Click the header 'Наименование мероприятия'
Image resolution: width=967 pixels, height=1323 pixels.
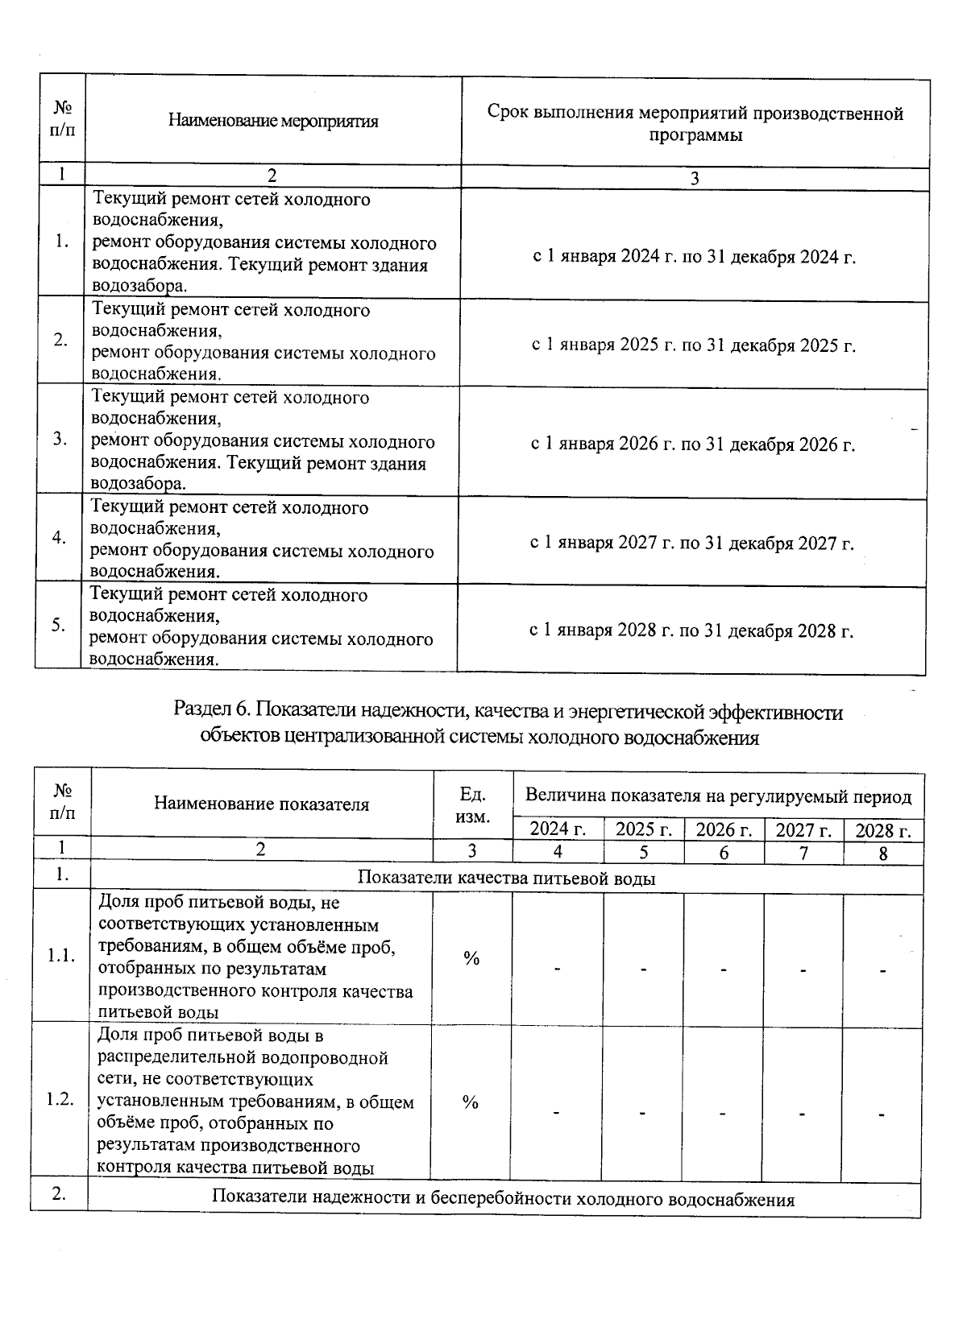pyautogui.click(x=273, y=122)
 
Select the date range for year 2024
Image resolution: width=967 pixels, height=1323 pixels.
pyautogui.click(x=694, y=257)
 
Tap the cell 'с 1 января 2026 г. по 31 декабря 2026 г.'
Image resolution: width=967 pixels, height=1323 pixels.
pyautogui.click(x=692, y=444)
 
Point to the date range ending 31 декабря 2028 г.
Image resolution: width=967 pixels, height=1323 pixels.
pyautogui.click(x=691, y=630)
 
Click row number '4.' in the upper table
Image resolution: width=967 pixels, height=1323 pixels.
pyautogui.click(x=59, y=539)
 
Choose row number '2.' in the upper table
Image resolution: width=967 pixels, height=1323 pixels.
pyautogui.click(x=60, y=340)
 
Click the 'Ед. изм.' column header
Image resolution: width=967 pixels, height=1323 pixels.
pyautogui.click(x=472, y=805)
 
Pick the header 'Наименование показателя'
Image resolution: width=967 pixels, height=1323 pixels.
pyautogui.click(x=261, y=804)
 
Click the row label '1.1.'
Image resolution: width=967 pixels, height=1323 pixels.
pyautogui.click(x=61, y=956)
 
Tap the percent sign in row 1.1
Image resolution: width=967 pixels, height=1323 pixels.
pyautogui.click(x=471, y=958)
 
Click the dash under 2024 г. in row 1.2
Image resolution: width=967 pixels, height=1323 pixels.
pyautogui.click(x=556, y=1114)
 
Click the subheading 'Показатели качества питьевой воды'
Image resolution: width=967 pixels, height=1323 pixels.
pyautogui.click(x=506, y=878)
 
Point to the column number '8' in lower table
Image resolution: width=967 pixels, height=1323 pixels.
pyautogui.click(x=883, y=854)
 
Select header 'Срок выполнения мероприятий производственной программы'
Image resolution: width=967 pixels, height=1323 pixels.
pyautogui.click(x=695, y=123)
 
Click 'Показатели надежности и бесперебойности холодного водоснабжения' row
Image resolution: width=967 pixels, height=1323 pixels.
pyautogui.click(x=503, y=1199)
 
